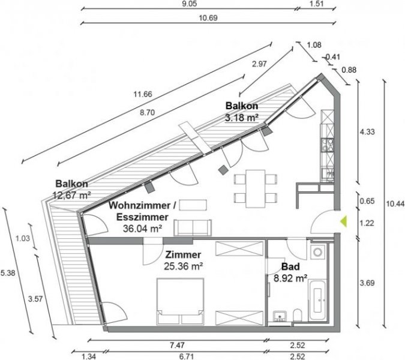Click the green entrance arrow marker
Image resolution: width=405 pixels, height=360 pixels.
343,221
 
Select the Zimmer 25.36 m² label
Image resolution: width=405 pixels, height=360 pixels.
183,259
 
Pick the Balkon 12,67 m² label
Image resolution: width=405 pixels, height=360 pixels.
72,189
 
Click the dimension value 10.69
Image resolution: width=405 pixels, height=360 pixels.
208,17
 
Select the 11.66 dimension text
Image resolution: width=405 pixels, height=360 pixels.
143,94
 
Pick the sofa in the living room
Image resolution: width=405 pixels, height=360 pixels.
193,228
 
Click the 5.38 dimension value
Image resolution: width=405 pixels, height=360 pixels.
8,273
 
